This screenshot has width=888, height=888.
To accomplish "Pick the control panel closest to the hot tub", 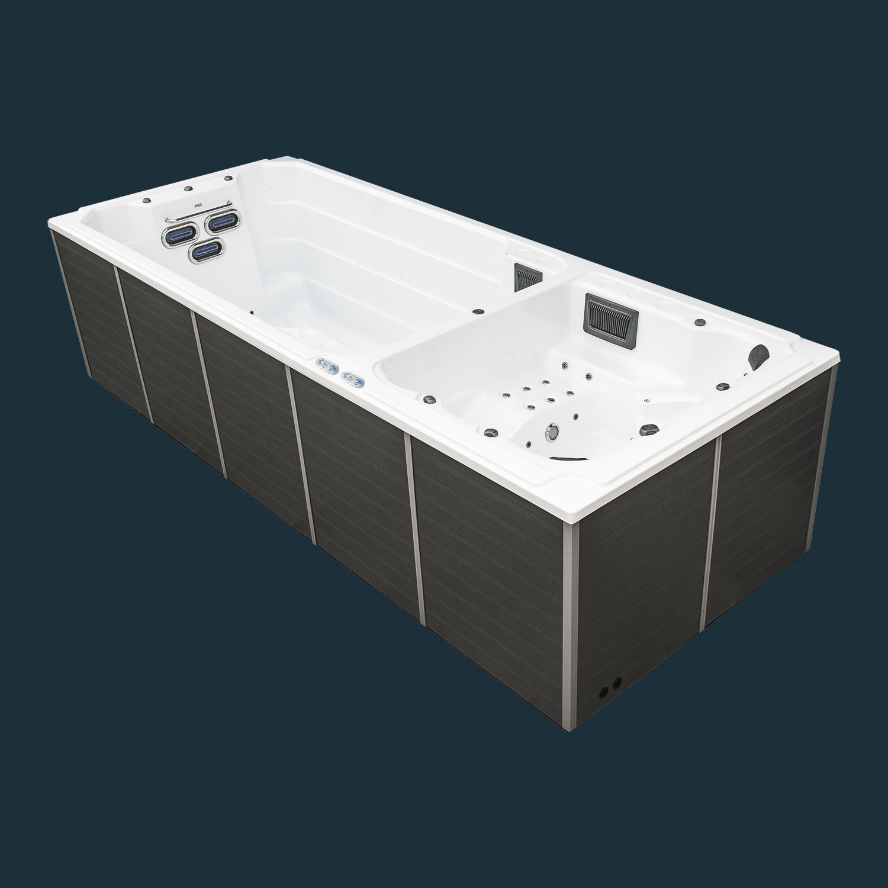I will [354, 379].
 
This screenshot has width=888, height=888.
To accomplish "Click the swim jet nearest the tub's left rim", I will [175, 236].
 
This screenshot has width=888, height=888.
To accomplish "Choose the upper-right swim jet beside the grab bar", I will [218, 223].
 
